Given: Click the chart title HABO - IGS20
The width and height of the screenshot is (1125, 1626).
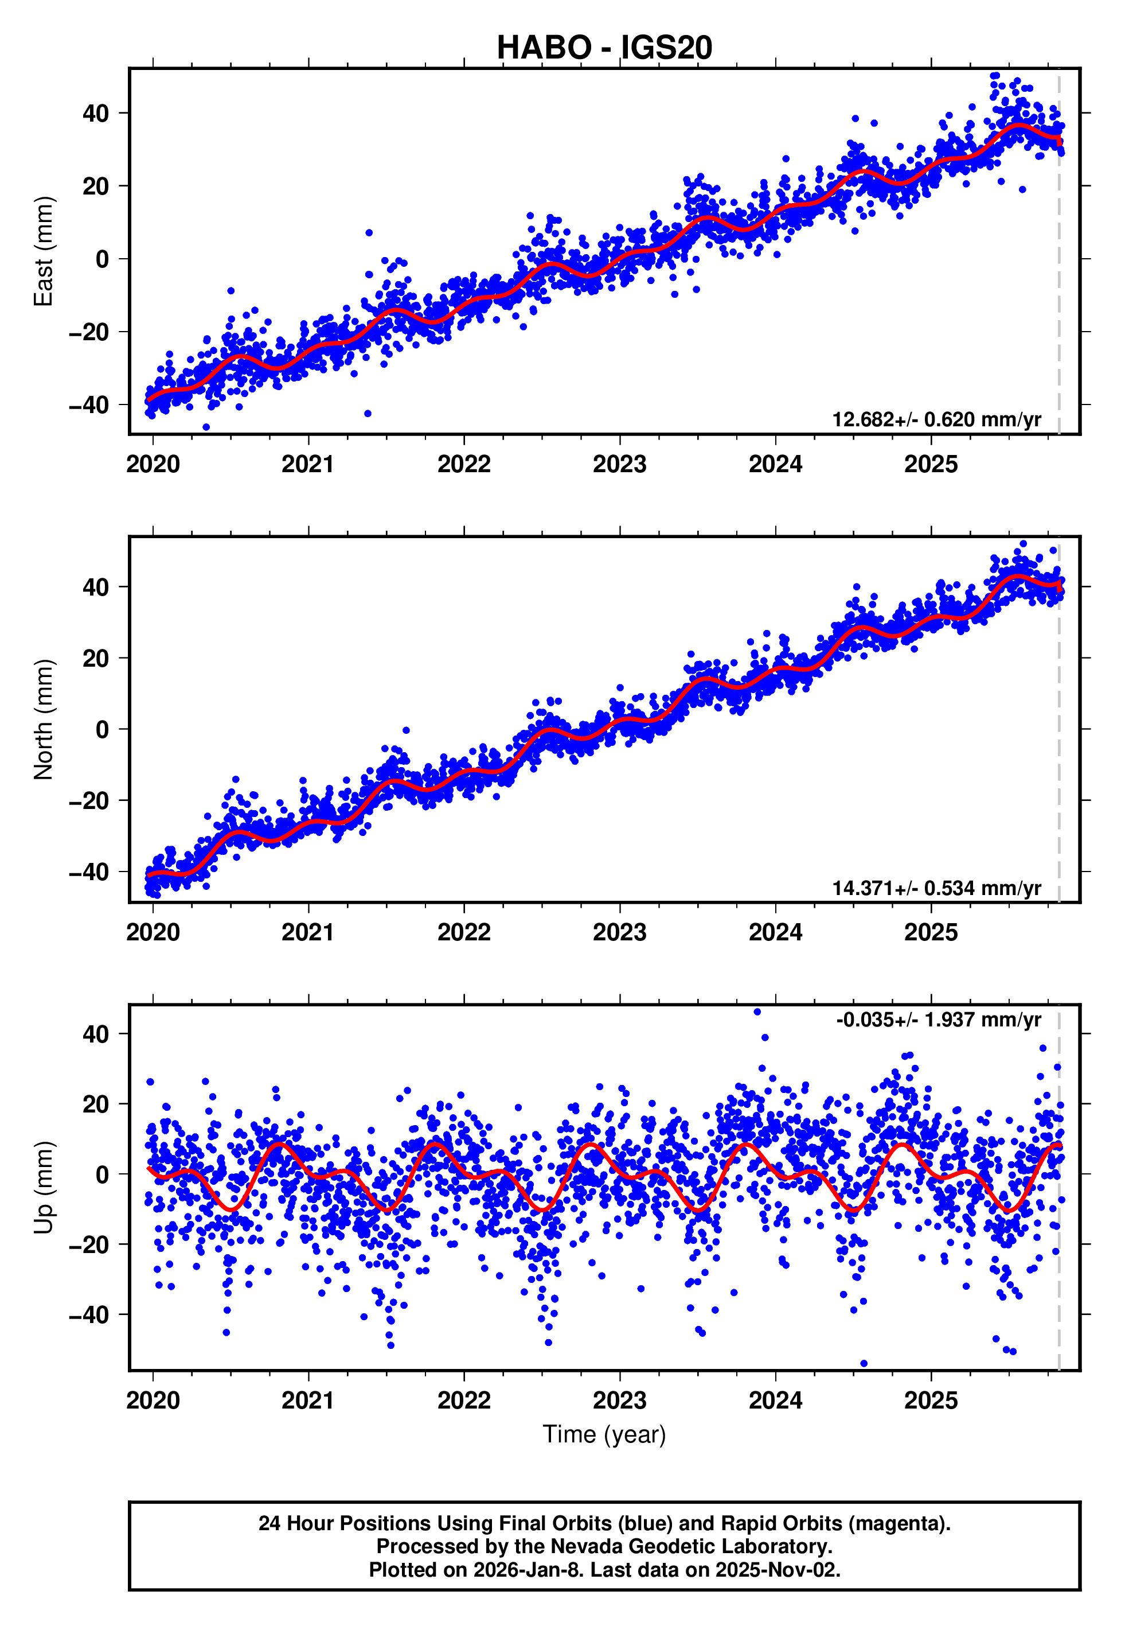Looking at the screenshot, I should click(604, 47).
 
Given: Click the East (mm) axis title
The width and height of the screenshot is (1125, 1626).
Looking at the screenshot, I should click(44, 251).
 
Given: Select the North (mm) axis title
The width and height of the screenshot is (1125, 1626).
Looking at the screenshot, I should click(44, 719).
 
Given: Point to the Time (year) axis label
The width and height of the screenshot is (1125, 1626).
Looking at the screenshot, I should click(604, 1434).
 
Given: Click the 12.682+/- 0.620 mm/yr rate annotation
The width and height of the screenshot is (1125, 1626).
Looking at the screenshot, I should click(936, 419).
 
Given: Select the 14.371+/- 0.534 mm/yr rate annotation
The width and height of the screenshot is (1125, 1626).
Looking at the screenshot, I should click(936, 888).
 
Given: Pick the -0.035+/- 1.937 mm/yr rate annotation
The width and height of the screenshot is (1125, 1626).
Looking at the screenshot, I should click(938, 1020).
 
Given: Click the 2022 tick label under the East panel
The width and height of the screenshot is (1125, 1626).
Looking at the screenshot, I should click(464, 464).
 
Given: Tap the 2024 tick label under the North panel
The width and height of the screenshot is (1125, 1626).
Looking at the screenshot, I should click(775, 932).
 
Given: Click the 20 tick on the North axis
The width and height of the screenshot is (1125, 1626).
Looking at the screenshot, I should click(96, 658).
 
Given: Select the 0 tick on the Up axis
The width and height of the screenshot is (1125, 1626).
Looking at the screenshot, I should click(103, 1174).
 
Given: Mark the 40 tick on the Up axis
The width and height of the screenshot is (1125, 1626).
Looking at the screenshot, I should click(96, 1034).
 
